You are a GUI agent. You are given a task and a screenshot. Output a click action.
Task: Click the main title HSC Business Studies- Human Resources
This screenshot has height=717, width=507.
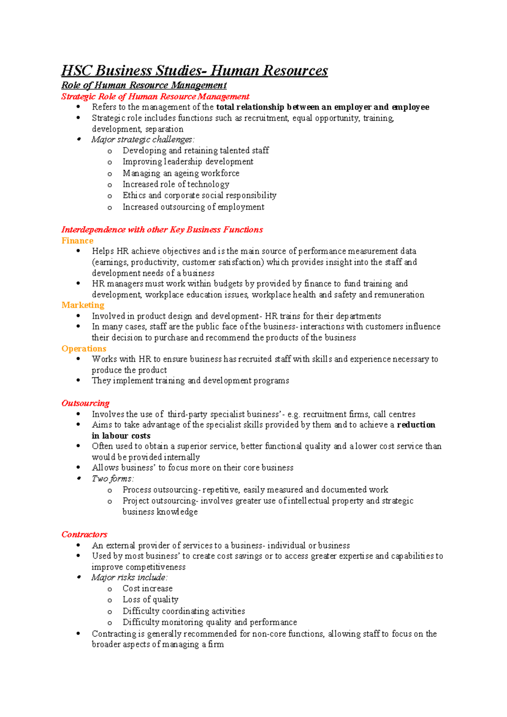194,70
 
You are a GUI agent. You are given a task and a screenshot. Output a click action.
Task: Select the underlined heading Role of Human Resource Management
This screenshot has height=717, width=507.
144,85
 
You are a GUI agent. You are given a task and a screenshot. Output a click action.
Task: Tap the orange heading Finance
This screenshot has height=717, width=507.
77,241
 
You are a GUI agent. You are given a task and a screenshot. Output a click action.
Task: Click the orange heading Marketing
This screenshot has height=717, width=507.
83,305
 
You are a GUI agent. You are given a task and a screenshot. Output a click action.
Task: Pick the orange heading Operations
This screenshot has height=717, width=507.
84,349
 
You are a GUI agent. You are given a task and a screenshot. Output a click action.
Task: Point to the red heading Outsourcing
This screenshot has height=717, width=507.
85,403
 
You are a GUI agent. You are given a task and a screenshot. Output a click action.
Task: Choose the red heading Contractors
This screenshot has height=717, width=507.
84,534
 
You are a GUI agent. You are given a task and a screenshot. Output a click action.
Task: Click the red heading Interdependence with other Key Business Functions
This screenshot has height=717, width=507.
162,230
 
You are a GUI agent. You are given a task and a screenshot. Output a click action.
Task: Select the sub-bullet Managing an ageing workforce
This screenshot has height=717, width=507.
181,173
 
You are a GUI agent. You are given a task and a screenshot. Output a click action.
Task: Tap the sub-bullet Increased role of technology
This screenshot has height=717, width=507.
176,184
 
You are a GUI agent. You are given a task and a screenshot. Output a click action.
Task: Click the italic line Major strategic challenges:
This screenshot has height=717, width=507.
143,140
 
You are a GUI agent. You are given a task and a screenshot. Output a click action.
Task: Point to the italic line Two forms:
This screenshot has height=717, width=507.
113,479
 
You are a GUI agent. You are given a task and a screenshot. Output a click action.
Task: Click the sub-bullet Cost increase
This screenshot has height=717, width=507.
147,588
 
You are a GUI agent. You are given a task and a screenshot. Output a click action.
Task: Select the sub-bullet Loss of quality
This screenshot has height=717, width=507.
150,599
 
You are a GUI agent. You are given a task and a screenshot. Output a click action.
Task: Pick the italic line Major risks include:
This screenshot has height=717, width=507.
129,577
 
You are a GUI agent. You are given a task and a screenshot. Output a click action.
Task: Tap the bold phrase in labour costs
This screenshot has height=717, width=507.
121,436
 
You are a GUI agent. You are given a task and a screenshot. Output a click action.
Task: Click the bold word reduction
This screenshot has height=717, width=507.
416,425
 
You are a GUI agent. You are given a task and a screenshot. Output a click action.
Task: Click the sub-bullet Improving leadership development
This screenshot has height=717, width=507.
188,161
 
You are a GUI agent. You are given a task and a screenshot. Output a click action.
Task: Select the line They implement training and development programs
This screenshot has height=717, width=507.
190,380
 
